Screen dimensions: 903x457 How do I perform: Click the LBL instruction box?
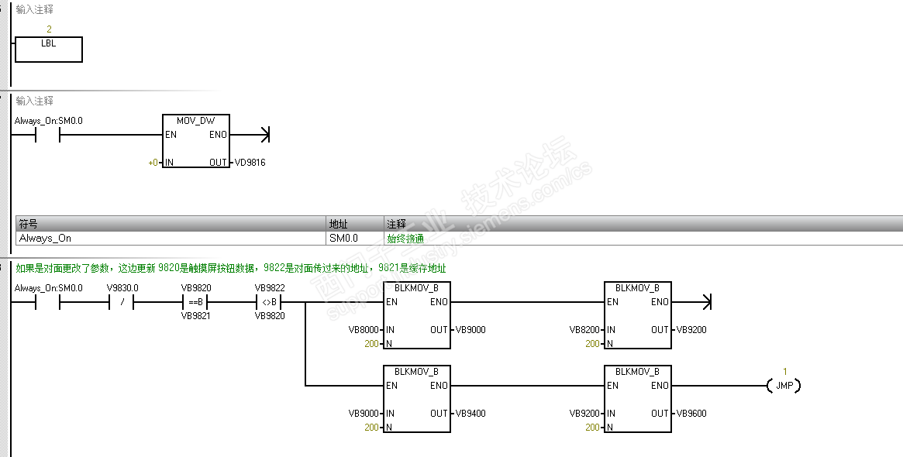pyautogui.click(x=48, y=50)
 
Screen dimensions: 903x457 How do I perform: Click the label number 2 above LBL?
pyautogui.click(x=49, y=29)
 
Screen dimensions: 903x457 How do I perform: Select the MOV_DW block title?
pyautogui.click(x=196, y=121)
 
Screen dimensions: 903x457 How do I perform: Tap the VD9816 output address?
pyautogui.click(x=250, y=163)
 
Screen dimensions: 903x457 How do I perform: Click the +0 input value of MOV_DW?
pyautogui.click(x=153, y=163)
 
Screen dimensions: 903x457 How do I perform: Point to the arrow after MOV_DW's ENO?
pyautogui.click(x=250, y=135)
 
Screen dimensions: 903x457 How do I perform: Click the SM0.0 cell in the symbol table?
pyautogui.click(x=344, y=239)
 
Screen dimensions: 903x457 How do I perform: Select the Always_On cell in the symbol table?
pyautogui.click(x=46, y=239)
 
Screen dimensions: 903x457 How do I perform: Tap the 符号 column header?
pyautogui.click(x=28, y=224)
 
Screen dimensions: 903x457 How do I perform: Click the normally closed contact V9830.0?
pyautogui.click(x=122, y=302)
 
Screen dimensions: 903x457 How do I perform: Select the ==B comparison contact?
pyautogui.click(x=196, y=302)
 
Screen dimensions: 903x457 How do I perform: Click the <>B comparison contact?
pyautogui.click(x=269, y=302)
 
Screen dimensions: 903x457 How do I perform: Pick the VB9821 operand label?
pyautogui.click(x=196, y=316)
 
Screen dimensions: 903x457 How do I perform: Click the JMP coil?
pyautogui.click(x=784, y=386)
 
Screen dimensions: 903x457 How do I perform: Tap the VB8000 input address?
pyautogui.click(x=364, y=330)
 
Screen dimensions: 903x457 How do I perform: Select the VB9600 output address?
pyautogui.click(x=691, y=414)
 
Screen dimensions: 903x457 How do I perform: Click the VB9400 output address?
pyautogui.click(x=470, y=414)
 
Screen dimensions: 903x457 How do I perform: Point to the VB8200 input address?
pyautogui.click(x=585, y=330)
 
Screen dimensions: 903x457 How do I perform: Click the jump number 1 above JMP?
pyautogui.click(x=785, y=372)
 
